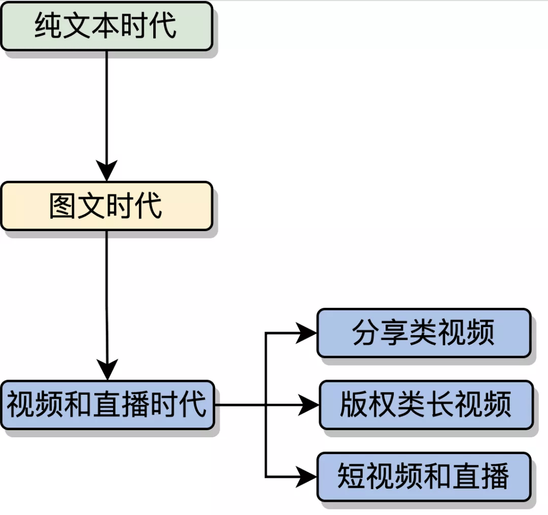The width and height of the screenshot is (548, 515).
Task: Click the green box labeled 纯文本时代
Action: pos(106,26)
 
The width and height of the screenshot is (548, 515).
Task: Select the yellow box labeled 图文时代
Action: pos(106,206)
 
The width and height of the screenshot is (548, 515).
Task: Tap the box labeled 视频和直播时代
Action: pos(107,405)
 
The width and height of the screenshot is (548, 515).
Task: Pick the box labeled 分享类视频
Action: pos(424,333)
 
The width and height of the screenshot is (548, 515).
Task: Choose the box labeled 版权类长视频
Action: pos(426,405)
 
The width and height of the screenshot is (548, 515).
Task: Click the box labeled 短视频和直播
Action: pos(424,477)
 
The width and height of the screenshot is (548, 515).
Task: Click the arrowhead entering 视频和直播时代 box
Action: pos(107,370)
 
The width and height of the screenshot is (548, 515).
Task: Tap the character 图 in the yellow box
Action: pos(63,206)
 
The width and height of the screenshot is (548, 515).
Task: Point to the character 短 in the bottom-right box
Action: pos(352,477)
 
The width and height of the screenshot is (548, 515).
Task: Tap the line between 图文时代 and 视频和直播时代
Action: pos(107,295)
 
